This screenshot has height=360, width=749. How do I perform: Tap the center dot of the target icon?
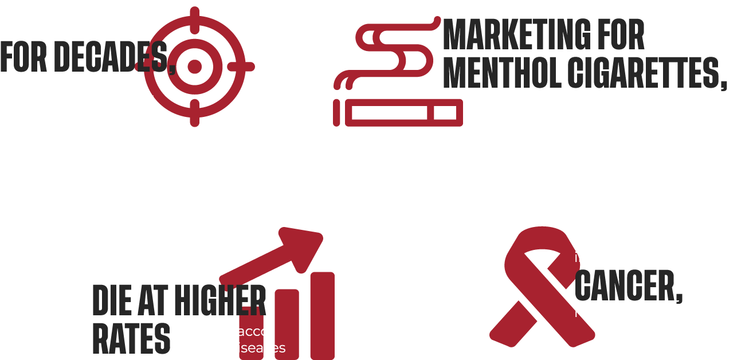pos(195,66)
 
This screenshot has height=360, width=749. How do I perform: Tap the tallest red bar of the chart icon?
pos(321,315)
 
